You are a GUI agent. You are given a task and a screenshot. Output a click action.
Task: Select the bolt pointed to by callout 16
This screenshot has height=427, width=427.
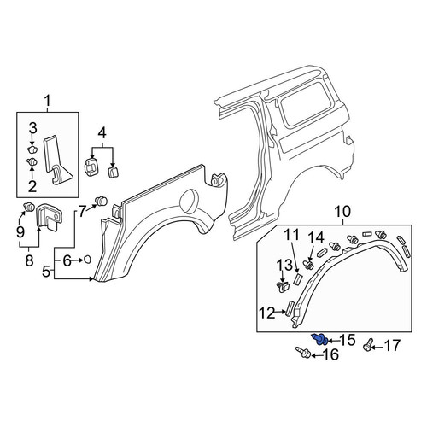303,352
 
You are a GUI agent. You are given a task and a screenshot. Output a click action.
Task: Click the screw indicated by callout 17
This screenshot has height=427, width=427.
368,344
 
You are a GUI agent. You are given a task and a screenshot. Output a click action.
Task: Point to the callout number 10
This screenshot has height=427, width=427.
342,212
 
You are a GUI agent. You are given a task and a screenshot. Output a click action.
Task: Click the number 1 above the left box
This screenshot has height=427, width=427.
47,101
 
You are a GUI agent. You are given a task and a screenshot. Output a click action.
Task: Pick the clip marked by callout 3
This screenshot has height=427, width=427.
32,149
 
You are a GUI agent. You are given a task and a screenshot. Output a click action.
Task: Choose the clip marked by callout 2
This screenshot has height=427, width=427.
32,162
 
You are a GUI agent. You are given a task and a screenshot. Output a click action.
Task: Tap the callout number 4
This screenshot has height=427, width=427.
102,133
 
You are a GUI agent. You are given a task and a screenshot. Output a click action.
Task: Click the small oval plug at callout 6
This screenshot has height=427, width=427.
87,260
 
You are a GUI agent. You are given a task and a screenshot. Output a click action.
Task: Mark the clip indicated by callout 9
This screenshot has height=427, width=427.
29,206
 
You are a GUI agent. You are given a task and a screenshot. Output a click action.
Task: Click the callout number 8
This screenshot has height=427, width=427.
29,260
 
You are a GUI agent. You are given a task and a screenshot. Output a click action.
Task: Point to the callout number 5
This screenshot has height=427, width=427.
46,272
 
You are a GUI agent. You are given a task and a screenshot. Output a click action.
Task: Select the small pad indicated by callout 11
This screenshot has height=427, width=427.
297,278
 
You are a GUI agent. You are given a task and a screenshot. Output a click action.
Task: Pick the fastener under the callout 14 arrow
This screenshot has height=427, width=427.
308,265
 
